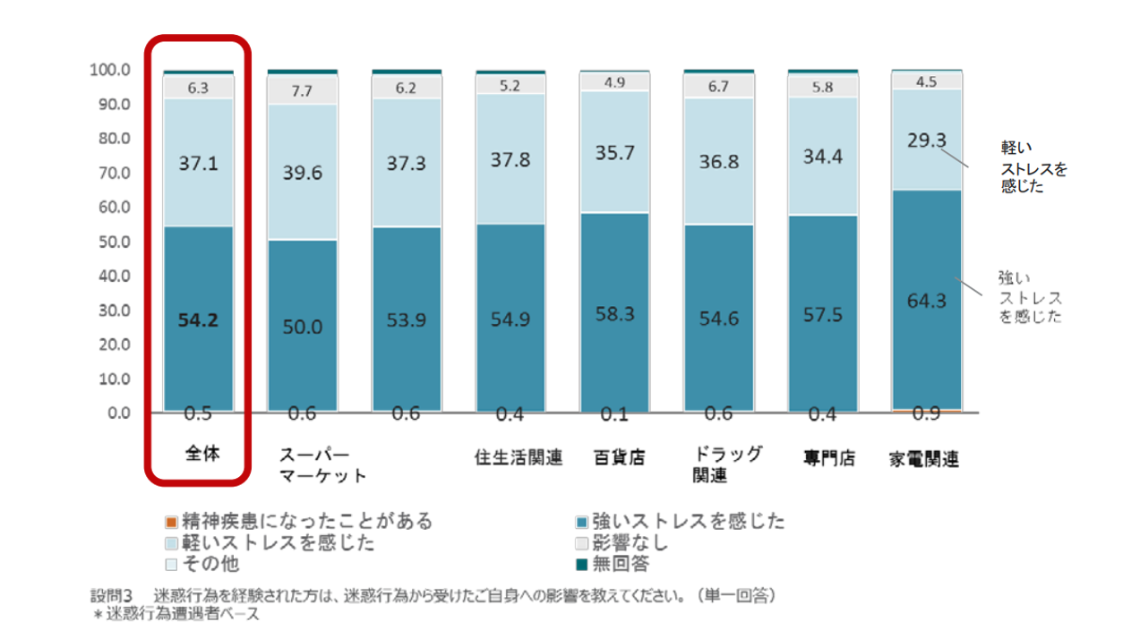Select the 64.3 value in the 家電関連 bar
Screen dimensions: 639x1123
pyautogui.click(x=926, y=301)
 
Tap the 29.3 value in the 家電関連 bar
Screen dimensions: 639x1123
pyautogui.click(x=926, y=141)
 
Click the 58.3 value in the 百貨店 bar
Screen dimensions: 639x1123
pyautogui.click(x=614, y=314)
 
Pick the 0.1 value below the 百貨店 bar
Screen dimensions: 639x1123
pyautogui.click(x=614, y=414)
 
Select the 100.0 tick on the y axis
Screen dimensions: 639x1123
pyautogui.click(x=110, y=70)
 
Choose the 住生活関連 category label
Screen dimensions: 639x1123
pyautogui.click(x=519, y=458)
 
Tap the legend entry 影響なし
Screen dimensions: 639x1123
pyautogui.click(x=629, y=542)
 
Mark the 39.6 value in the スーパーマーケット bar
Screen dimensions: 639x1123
pyautogui.click(x=303, y=173)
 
